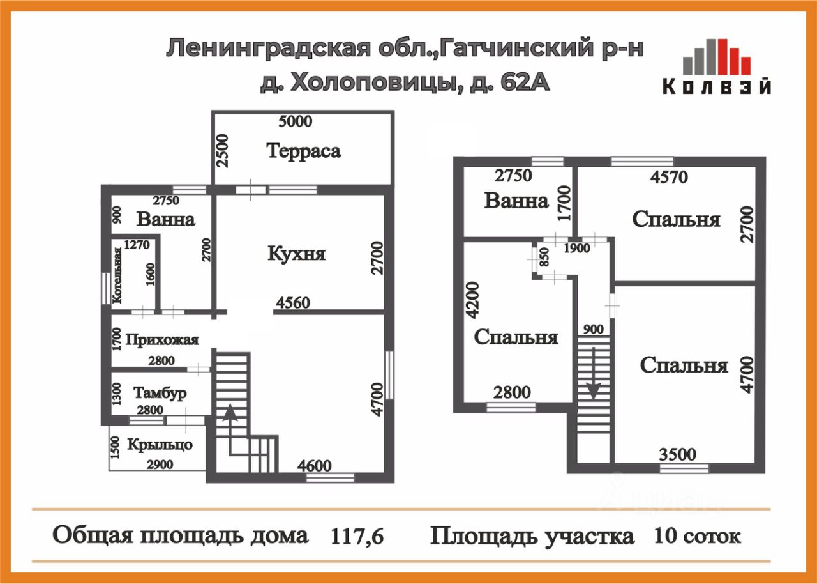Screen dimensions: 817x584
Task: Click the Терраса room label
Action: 303,151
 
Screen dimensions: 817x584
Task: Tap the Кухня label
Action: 296,254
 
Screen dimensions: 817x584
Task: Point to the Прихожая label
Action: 162,340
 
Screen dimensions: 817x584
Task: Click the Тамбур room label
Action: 160,393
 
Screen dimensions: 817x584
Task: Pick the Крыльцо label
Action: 160,445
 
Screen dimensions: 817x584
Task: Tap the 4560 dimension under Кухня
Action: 293,303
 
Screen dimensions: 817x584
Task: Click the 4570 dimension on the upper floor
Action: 668,176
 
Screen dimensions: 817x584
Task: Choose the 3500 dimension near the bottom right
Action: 677,455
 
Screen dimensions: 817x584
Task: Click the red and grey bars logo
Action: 716,57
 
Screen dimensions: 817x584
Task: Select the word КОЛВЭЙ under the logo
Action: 716,87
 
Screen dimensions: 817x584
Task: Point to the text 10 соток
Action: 697,536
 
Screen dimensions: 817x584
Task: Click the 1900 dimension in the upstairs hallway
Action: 577,249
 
